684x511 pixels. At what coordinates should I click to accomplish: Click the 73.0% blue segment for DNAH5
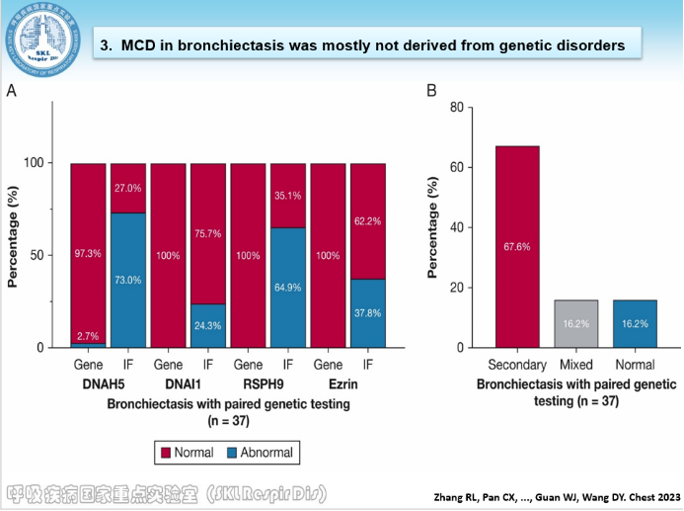(127, 280)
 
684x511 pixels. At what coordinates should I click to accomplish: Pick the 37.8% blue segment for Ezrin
(367, 312)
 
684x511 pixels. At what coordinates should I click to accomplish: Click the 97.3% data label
(88, 255)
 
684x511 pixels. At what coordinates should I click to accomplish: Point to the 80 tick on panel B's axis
(457, 107)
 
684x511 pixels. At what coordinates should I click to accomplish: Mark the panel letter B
(431, 91)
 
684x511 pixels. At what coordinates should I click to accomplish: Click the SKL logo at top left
(42, 36)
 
